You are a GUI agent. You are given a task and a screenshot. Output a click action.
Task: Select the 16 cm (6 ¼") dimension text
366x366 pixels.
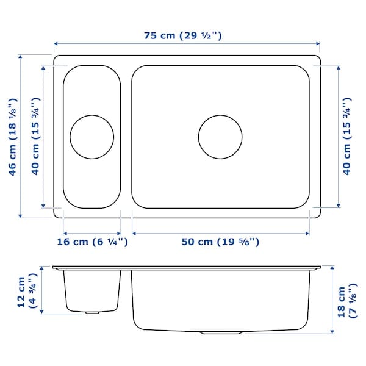coord(92,242)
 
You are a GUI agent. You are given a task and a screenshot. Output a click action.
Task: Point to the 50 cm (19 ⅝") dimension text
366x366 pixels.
coord(221,242)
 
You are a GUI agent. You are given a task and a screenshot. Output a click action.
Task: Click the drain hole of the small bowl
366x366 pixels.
coord(91,136)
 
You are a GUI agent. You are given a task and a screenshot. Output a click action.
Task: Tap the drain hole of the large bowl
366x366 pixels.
coord(220,136)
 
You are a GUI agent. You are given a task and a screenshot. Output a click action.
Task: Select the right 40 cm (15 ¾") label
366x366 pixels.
coord(346,136)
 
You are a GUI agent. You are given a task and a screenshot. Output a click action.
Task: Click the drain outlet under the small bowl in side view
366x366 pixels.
coord(92,312)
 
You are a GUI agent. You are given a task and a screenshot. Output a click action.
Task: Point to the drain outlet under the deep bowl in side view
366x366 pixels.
coord(223,333)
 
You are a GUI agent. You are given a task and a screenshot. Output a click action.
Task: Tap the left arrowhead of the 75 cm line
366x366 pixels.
coord(56,44)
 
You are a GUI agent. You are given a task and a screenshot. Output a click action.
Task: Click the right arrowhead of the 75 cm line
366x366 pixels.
coord(318,44)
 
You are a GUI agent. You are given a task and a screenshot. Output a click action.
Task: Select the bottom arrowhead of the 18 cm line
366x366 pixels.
coord(332,333)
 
